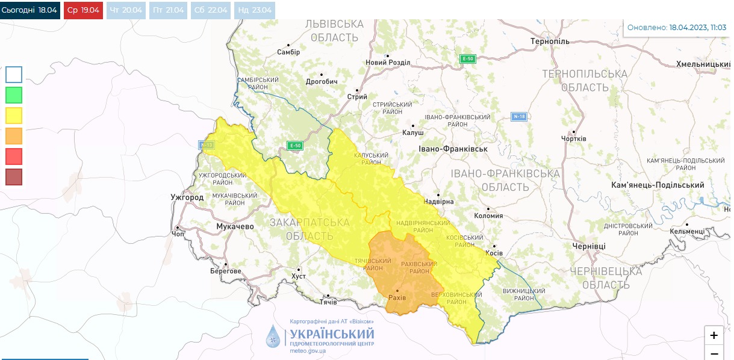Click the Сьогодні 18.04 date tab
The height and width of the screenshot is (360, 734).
click(30, 10)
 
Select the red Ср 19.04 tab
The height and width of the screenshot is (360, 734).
click(82, 10)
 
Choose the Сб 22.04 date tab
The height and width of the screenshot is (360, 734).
click(211, 10)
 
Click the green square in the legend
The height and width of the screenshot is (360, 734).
click(14, 95)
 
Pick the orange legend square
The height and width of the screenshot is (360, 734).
click(14, 136)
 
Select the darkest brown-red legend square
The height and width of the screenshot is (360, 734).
click(14, 177)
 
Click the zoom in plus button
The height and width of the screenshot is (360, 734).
click(714, 335)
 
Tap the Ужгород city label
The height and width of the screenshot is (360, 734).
click(187, 197)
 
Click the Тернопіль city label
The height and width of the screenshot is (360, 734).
click(550, 42)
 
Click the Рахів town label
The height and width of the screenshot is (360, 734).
click(397, 298)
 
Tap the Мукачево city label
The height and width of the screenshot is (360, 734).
click(235, 226)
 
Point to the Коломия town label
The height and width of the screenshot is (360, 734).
click(489, 216)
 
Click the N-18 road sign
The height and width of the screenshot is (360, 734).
click(519, 116)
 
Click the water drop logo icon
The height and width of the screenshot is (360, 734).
click(273, 336)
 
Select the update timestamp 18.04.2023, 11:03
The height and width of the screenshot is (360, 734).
click(698, 28)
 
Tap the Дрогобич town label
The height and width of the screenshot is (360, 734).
click(322, 82)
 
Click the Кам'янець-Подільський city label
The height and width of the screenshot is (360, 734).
click(657, 185)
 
